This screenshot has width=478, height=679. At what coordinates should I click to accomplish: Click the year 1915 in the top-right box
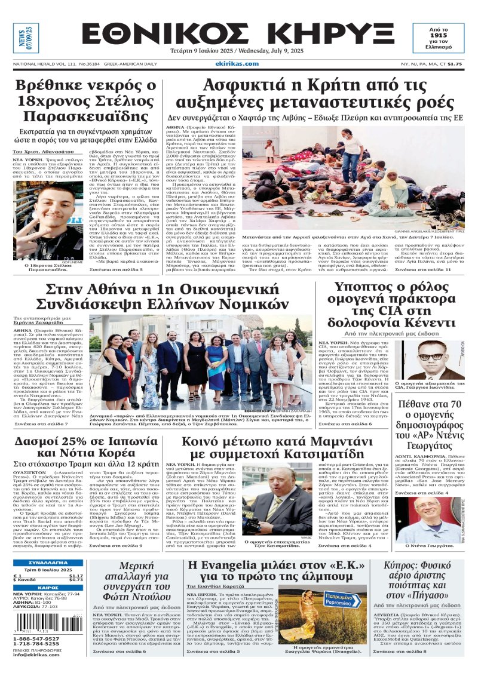coord(438,37)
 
